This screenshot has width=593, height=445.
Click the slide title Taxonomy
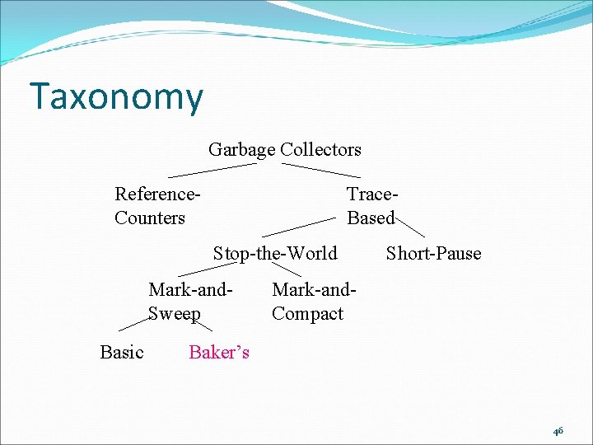[x=115, y=97]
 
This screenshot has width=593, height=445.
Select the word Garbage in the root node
[x=241, y=150]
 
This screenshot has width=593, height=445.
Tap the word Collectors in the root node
[x=320, y=150]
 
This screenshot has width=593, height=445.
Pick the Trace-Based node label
[x=372, y=206]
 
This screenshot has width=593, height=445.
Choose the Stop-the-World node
[x=275, y=253]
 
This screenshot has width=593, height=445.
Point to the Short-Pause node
[x=433, y=253]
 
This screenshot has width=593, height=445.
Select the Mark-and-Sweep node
[x=188, y=302]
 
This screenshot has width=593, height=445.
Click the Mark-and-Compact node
[x=314, y=302]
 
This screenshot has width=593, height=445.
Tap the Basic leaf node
[x=122, y=353]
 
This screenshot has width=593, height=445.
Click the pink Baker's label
[x=219, y=353]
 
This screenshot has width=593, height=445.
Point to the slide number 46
[x=558, y=431]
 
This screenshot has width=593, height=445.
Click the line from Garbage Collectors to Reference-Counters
[x=212, y=170]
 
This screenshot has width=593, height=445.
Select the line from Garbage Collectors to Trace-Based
[x=321, y=170]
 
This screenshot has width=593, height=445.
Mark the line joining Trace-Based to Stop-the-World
[x=299, y=227]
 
